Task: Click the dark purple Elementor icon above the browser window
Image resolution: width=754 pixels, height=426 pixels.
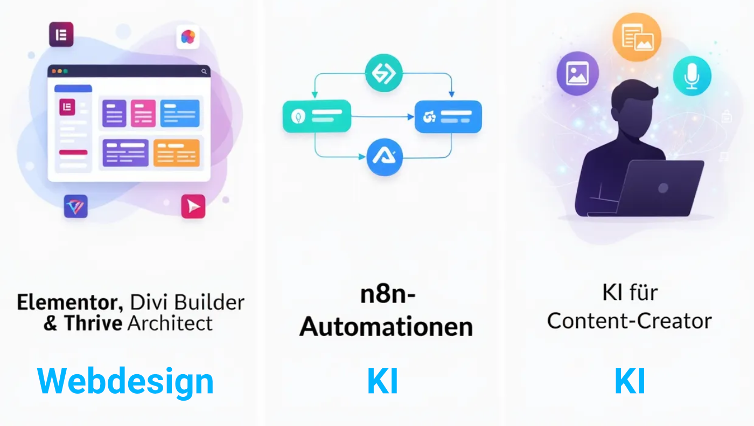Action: click(x=61, y=35)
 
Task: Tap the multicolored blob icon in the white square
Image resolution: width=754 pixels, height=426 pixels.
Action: click(x=188, y=37)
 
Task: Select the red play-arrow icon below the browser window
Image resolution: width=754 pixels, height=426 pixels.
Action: click(x=193, y=206)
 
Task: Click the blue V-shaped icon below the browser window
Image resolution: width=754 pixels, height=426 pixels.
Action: click(x=76, y=206)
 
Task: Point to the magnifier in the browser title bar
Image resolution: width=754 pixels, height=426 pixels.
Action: click(x=204, y=71)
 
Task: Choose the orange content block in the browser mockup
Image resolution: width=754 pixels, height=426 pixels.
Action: click(x=177, y=153)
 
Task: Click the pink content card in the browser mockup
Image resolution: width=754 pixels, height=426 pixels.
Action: click(x=143, y=113)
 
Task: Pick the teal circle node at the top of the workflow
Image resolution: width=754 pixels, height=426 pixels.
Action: click(x=383, y=73)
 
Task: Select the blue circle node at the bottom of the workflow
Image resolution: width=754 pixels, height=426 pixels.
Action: click(x=385, y=157)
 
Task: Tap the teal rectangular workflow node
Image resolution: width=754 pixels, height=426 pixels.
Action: click(x=317, y=116)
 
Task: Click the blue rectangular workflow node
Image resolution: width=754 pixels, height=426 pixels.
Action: click(x=448, y=116)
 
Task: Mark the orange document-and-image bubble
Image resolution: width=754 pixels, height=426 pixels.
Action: click(x=637, y=37)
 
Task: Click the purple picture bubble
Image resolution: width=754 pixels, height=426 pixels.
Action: click(x=577, y=73)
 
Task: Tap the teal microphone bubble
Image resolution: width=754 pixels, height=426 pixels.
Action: click(x=692, y=76)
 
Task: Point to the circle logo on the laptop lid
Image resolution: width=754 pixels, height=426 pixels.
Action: click(x=663, y=188)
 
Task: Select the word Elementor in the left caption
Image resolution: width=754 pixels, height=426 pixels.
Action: click(x=70, y=302)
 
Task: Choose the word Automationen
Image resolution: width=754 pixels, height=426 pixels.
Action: click(x=386, y=327)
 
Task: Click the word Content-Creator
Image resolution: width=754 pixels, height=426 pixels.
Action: click(x=630, y=320)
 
